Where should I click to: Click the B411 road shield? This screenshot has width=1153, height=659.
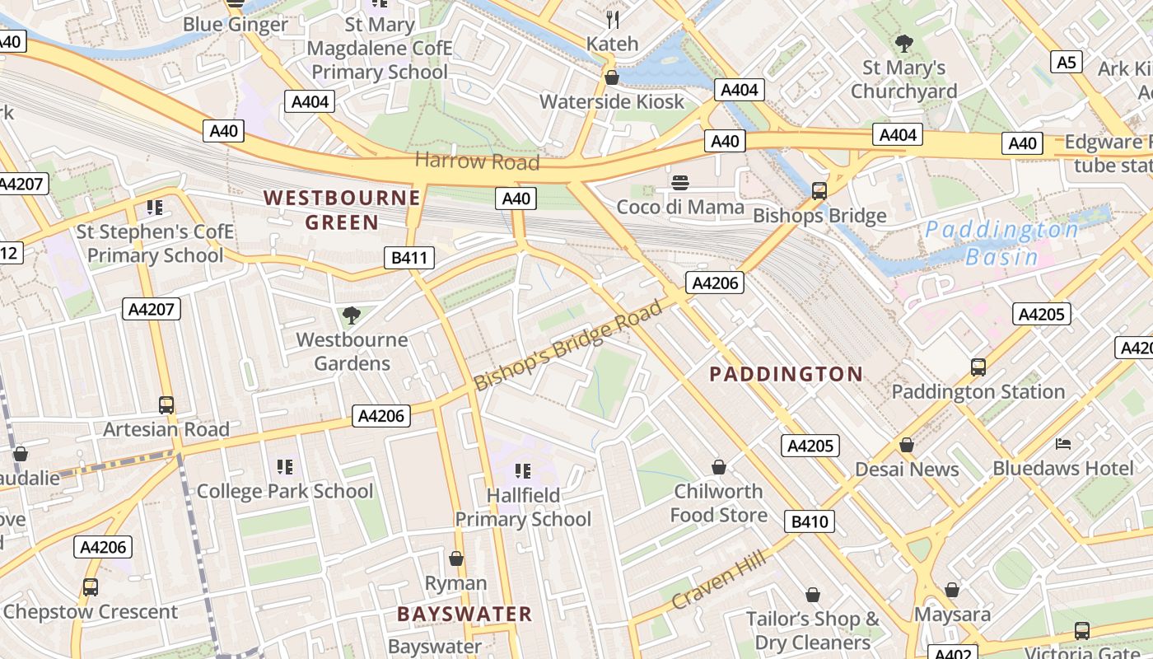(x=409, y=258)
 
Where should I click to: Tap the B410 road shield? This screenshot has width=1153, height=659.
(x=810, y=521)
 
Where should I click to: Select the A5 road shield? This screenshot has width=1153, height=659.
(x=1067, y=62)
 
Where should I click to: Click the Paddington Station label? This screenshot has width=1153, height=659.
(x=978, y=391)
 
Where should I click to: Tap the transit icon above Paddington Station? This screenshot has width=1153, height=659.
(x=978, y=367)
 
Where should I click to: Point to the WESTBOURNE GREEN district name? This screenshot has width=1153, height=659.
(x=342, y=210)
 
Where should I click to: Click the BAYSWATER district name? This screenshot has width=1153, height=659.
(x=464, y=614)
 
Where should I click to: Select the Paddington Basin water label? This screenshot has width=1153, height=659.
(x=1002, y=243)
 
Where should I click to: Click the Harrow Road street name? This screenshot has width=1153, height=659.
(x=477, y=161)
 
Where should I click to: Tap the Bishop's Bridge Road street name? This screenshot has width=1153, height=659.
(x=568, y=346)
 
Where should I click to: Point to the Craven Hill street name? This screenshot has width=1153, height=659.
(x=718, y=581)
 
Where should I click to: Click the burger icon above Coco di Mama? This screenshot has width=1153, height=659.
(x=680, y=183)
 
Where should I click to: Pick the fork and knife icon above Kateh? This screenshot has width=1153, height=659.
(x=613, y=20)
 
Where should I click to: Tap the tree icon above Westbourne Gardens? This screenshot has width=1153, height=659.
(x=352, y=315)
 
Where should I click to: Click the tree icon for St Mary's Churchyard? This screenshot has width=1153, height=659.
(x=903, y=43)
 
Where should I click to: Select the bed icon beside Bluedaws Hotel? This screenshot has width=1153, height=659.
(x=1063, y=444)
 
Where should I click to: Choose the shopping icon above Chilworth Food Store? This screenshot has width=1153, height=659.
(x=719, y=467)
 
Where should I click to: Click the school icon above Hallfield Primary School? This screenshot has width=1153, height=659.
(x=523, y=470)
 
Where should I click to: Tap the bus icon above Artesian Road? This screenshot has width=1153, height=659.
(x=166, y=404)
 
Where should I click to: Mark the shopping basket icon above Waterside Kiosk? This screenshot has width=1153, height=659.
(x=612, y=77)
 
